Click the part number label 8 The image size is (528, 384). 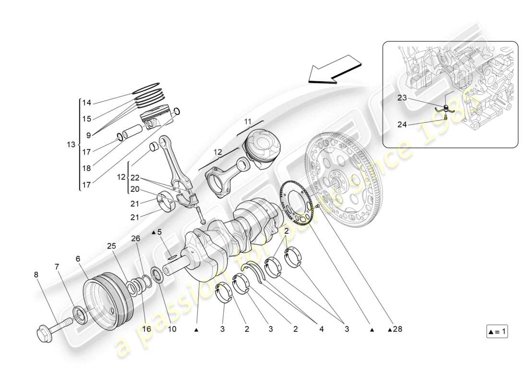pyautogui.click(x=36, y=275)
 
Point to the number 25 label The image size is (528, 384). pyautogui.click(x=111, y=246)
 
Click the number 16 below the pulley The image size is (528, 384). pyautogui.click(x=147, y=329)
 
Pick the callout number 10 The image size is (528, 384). pyautogui.click(x=171, y=329)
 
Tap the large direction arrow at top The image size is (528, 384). pyautogui.click(x=334, y=68)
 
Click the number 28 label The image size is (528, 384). pyautogui.click(x=396, y=329)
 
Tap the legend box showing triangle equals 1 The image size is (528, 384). pyautogui.click(x=497, y=332)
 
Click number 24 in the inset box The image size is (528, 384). pyautogui.click(x=403, y=125)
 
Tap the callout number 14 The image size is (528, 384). pyautogui.click(x=86, y=103)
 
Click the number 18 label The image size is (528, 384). pyautogui.click(x=86, y=168)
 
